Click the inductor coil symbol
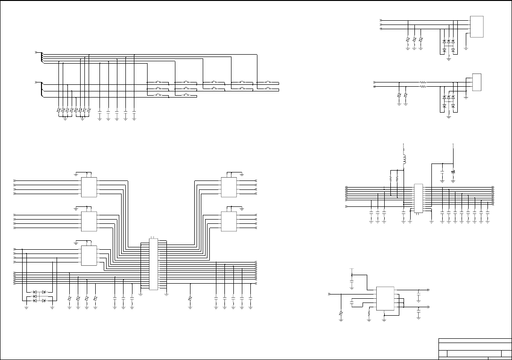coord(404,159)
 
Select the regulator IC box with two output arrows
coord(386,299)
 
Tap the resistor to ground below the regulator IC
coord(369,312)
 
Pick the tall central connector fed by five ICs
coord(153,264)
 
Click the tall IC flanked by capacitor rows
coord(418,197)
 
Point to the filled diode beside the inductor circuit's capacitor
coord(453,172)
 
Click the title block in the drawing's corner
coord(474,349)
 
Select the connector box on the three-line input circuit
coord(477,26)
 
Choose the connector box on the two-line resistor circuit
coord(477,83)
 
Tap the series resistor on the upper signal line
coord(423,82)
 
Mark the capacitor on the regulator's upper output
coord(419,296)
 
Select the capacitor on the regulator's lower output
coord(419,313)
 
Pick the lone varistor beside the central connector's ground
coord(190,299)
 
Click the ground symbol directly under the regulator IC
coord(384,319)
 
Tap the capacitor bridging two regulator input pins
coord(352,302)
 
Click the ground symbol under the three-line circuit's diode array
coord(448,59)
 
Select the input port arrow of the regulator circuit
coord(329,294)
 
